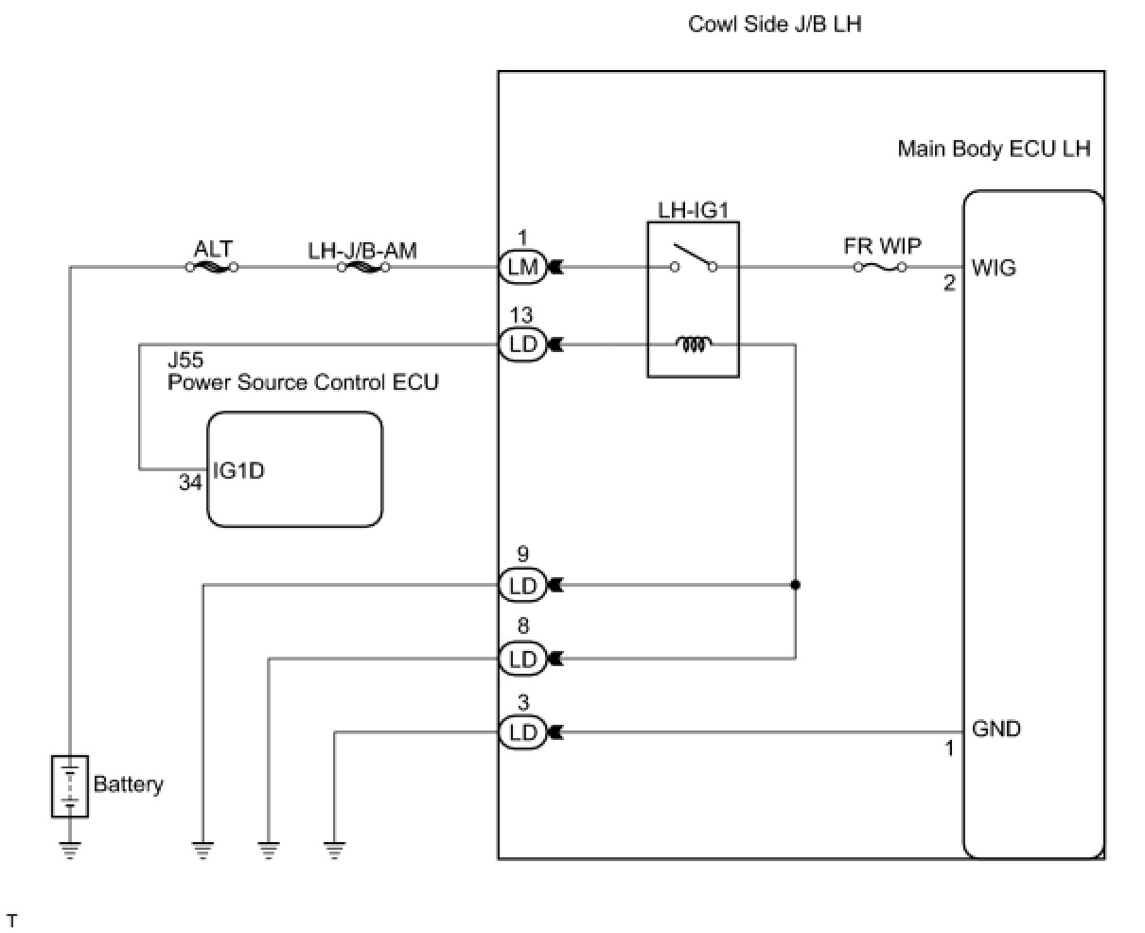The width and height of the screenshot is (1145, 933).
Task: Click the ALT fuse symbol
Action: [212, 267]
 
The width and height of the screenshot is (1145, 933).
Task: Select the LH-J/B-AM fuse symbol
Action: [363, 267]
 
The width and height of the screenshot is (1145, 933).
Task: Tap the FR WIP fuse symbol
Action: [880, 267]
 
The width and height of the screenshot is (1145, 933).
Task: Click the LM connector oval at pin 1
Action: [522, 267]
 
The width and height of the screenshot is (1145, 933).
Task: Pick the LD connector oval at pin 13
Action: [522, 344]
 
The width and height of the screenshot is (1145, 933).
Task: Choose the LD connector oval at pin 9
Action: [522, 585]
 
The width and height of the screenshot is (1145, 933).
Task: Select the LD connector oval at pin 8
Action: [522, 659]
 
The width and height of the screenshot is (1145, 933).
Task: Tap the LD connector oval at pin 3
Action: [522, 732]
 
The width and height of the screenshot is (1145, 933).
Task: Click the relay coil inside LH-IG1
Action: [694, 344]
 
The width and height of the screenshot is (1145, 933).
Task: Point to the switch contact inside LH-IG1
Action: [694, 258]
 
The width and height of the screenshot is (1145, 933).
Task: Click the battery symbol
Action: [70, 786]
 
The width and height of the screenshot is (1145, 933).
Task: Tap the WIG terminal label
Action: [994, 268]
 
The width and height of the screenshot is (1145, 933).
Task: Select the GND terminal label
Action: [996, 729]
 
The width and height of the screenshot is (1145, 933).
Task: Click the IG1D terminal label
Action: [238, 471]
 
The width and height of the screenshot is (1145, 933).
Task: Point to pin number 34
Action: [190, 483]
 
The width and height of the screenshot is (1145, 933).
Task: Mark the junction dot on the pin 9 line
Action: [796, 585]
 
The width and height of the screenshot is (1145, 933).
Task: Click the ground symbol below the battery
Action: [70, 851]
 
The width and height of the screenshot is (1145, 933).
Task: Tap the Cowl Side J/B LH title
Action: [775, 25]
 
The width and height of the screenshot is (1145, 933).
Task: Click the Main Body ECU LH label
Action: [994, 149]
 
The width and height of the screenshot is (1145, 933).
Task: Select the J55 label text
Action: [186, 360]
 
